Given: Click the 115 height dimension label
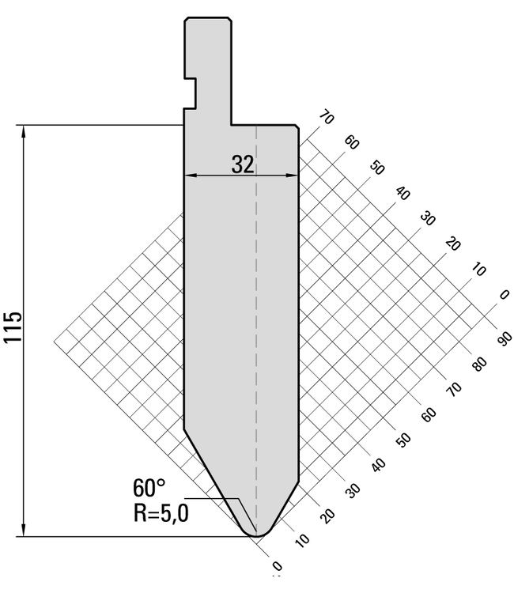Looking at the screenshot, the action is (13, 327).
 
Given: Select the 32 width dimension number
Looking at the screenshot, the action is (243, 164).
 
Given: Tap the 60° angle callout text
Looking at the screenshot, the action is (149, 488).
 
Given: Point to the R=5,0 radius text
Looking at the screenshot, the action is (161, 513).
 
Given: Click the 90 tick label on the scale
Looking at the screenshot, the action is (505, 338).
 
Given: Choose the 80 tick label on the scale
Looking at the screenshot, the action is (479, 364).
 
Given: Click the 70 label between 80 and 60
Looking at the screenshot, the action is (454, 389).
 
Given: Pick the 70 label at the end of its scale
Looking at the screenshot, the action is (327, 117).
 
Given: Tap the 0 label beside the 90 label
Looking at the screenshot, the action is (505, 295).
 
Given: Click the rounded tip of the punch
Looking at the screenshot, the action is (257, 534).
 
